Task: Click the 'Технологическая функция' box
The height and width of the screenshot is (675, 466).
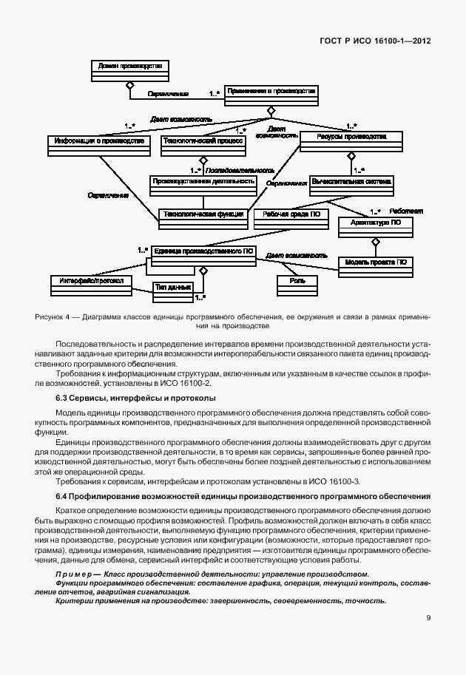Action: pos(203,216)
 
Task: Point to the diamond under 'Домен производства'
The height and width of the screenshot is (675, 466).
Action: pos(129,85)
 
